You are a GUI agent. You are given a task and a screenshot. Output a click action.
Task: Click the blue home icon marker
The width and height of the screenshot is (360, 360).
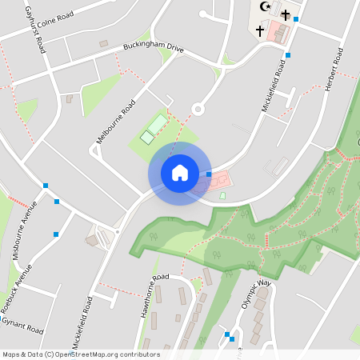point(179,173)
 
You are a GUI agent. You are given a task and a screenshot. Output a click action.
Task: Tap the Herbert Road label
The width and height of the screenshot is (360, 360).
point(333,69)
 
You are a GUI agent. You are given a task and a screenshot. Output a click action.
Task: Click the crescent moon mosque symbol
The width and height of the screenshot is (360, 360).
point(266,8)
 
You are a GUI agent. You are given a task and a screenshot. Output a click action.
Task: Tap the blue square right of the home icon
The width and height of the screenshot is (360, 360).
point(209,174)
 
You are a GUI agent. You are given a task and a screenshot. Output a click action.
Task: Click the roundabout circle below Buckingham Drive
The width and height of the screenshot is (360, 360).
point(198,110)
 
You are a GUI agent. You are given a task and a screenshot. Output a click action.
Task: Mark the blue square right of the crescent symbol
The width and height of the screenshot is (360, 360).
point(296,18)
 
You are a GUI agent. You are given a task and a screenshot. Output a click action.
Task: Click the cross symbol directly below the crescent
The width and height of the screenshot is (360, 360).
point(259,31)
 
